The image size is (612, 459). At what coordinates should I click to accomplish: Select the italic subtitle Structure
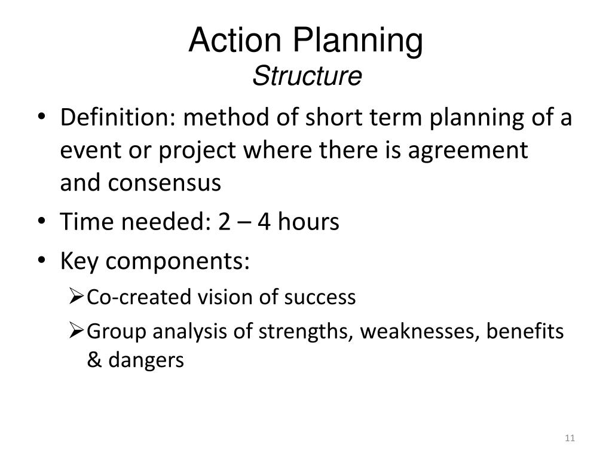pos(307,76)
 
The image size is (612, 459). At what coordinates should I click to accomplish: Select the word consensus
pos(164,183)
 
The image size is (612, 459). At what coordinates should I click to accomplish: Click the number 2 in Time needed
pos(225,222)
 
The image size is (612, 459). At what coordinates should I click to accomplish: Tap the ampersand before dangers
pos(94,360)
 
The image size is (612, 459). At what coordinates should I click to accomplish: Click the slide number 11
pos(569,439)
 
